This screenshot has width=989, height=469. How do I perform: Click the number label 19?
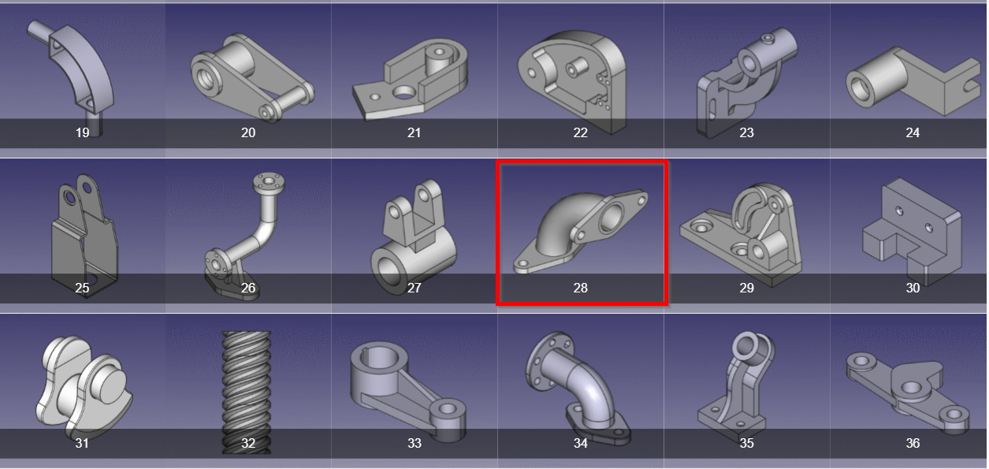[83, 132]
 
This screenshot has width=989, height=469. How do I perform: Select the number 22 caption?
[580, 132]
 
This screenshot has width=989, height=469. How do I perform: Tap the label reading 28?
[580, 288]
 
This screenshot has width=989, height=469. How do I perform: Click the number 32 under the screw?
[248, 443]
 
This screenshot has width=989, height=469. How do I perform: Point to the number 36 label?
[913, 443]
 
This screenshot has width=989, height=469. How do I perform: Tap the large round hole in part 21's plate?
[403, 92]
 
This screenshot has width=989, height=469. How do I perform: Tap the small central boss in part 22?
[575, 69]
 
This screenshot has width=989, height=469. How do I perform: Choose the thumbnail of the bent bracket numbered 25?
[84, 235]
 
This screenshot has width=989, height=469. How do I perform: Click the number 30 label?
[913, 288]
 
